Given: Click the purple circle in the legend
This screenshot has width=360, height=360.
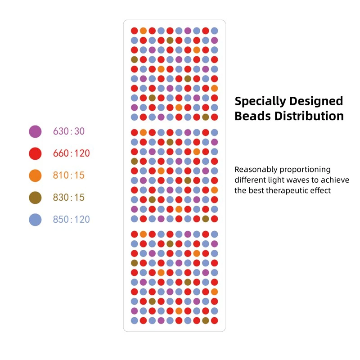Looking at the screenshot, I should pyautogui.click(x=35, y=131).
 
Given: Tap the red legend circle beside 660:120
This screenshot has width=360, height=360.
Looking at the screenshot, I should pyautogui.click(x=35, y=153).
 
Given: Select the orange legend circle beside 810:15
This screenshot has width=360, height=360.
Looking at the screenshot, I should pyautogui.click(x=35, y=175).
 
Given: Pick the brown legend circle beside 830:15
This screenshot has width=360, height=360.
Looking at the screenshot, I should pyautogui.click(x=35, y=198).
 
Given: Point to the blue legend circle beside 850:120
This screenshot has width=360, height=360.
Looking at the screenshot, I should pyautogui.click(x=35, y=220).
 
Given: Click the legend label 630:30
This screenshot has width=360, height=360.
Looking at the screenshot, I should pyautogui.click(x=69, y=131).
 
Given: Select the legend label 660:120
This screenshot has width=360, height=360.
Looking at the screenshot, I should pyautogui.click(x=71, y=153).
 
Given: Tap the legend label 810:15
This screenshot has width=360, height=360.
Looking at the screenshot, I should pyautogui.click(x=69, y=175).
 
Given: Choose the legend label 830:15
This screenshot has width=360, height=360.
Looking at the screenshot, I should pyautogui.click(x=69, y=198).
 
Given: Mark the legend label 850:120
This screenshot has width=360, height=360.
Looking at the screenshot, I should pyautogui.click(x=71, y=220).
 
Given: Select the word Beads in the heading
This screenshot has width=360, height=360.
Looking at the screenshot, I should pyautogui.click(x=252, y=116).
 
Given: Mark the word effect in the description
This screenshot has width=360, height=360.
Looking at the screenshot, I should pyautogui.click(x=320, y=190).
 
